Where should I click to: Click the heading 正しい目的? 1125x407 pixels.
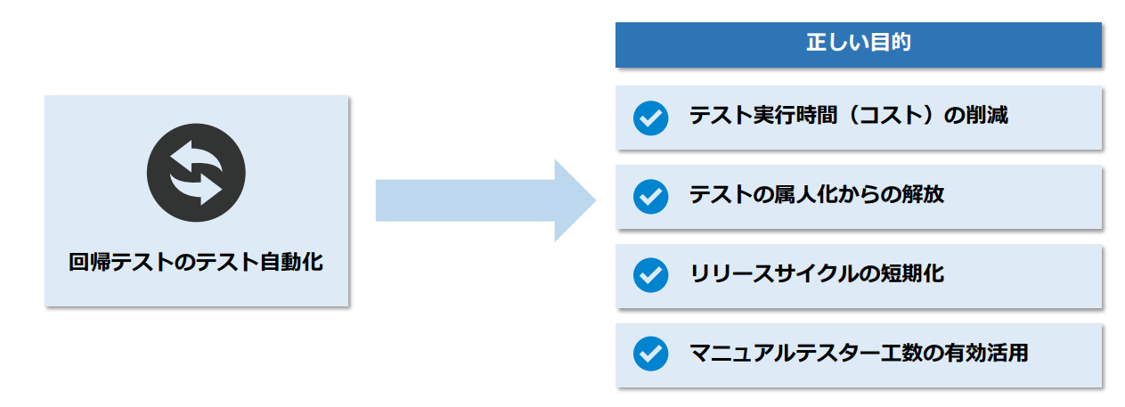(858, 44)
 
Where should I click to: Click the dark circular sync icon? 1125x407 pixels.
(196, 173)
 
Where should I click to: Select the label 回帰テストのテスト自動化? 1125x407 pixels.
(196, 263)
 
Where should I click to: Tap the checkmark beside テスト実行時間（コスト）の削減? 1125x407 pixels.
(650, 118)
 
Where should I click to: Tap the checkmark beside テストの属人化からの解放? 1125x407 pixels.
(650, 196)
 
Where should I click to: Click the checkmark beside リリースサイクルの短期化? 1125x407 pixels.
(650, 274)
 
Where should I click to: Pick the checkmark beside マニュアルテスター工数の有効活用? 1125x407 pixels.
(650, 354)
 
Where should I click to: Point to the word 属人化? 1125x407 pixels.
(806, 194)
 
